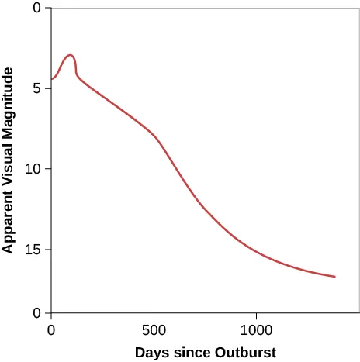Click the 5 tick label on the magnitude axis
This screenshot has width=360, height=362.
click(x=36, y=88)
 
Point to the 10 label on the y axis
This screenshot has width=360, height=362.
click(x=33, y=169)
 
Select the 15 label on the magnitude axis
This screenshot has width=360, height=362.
click(x=33, y=250)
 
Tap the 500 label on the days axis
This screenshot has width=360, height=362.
click(x=154, y=328)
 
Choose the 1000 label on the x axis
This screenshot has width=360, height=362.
click(x=256, y=328)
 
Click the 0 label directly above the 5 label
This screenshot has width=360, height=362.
click(x=36, y=9)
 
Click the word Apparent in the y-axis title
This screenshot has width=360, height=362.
click(x=9, y=219)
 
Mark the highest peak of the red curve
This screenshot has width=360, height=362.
click(x=70, y=55)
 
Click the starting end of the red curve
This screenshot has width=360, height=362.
click(x=52, y=79)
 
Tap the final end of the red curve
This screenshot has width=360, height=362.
click(x=334, y=276)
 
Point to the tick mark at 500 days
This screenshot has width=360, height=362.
click(x=154, y=315)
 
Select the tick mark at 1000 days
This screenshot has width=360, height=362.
click(x=256, y=315)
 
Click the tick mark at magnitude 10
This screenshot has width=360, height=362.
click(x=48, y=169)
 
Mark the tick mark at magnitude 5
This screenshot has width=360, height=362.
click(x=48, y=88)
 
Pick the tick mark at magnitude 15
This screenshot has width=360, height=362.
click(x=48, y=250)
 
